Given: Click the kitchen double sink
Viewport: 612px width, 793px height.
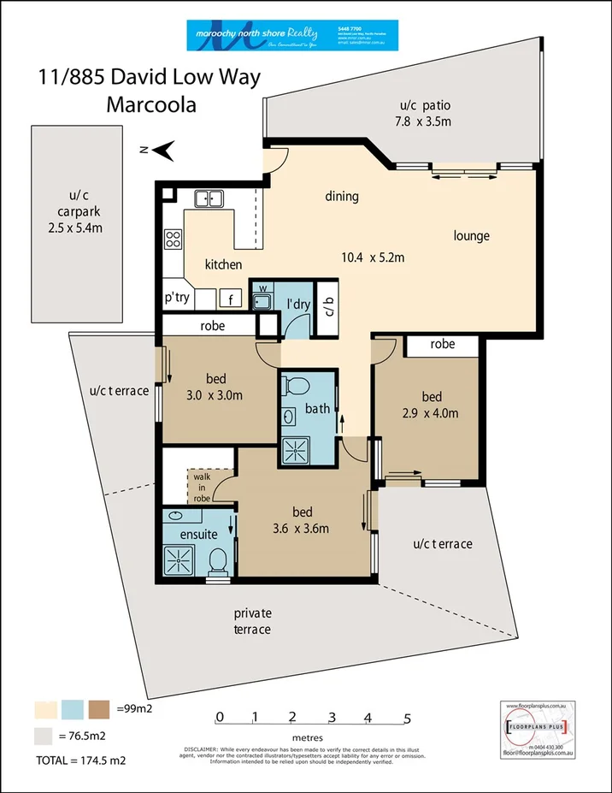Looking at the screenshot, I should point(209,199).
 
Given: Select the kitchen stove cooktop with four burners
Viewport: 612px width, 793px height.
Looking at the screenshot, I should point(173,239).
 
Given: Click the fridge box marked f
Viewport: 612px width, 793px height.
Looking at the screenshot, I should point(230,299).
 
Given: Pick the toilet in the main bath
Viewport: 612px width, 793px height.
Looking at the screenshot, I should point(295,386).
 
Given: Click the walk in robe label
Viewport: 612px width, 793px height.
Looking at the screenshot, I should point(202,487).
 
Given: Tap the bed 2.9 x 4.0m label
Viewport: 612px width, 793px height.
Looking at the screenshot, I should point(431,405).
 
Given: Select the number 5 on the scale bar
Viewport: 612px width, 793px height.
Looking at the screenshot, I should point(408,717).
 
